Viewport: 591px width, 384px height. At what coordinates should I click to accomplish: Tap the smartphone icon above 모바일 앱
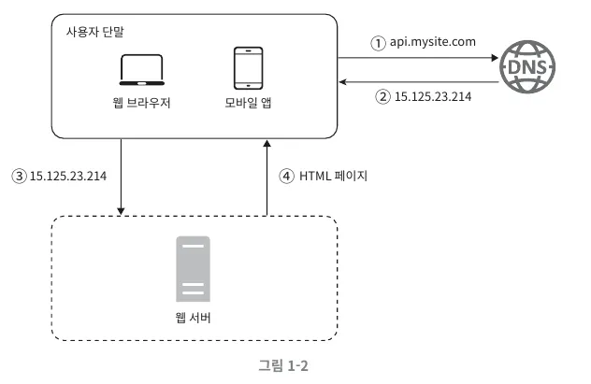[x=248, y=67]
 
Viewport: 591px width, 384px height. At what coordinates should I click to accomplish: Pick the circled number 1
[x=378, y=43]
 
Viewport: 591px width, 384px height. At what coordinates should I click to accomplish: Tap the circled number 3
[x=18, y=175]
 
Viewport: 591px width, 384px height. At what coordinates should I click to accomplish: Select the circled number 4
[x=285, y=175]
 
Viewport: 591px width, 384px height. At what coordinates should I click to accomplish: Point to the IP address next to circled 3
[x=67, y=175]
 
